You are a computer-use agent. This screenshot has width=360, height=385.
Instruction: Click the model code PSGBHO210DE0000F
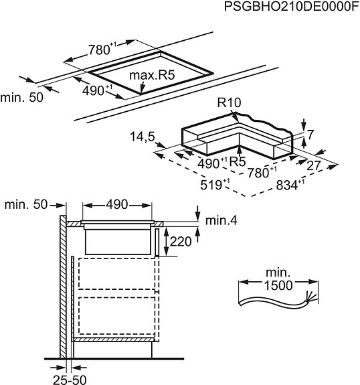pos(292,7)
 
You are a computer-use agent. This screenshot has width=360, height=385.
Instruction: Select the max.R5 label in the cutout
pos(152,75)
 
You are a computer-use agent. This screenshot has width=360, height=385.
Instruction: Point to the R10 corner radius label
pos(229,102)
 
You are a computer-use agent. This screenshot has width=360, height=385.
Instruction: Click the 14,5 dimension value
pos(142,137)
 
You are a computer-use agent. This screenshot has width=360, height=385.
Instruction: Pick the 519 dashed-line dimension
pos(215,184)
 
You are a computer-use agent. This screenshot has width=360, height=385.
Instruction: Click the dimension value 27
pos(314,165)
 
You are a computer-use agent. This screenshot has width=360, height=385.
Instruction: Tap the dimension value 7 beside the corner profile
pos(310,135)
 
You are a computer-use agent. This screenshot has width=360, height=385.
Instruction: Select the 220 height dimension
pos(181,242)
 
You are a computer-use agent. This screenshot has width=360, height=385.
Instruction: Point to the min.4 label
pos(221,220)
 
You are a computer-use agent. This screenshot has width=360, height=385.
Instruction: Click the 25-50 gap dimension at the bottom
pos(70,380)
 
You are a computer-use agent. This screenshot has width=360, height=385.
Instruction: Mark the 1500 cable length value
pos(278,285)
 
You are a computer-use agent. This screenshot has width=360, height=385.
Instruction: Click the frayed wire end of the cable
pos(309,297)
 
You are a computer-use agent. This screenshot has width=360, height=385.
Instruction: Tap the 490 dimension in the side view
pos(117,204)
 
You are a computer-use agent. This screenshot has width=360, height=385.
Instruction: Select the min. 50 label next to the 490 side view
pos(26,204)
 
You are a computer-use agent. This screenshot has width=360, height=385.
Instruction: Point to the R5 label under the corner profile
pos(238,161)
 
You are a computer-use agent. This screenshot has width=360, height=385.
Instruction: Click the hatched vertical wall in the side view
pos(63,287)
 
